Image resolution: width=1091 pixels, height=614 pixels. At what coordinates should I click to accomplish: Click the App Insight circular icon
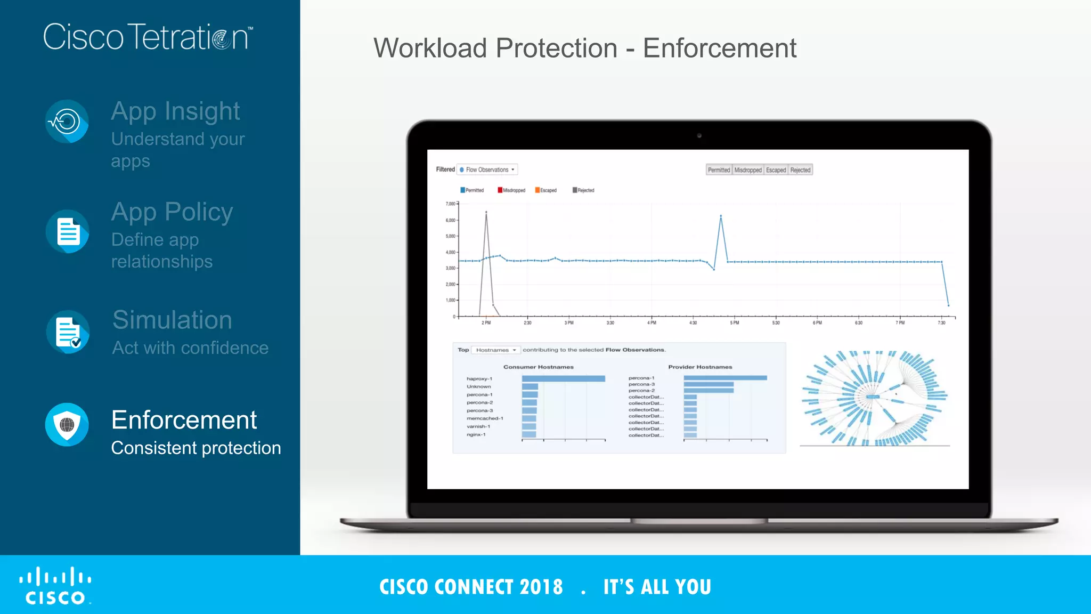(67, 122)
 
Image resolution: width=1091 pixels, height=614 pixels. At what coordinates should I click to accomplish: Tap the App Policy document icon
(67, 231)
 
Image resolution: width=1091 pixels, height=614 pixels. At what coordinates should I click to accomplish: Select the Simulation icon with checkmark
(68, 332)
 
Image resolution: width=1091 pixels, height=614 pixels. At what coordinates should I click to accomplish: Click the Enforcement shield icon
(67, 425)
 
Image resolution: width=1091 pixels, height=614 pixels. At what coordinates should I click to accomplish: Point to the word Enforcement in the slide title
(719, 48)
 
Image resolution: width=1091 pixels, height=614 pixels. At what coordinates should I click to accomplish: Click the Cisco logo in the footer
(55, 586)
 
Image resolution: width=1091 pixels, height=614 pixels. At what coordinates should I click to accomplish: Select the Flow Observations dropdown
(487, 169)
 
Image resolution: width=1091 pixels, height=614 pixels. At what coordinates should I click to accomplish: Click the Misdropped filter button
(748, 170)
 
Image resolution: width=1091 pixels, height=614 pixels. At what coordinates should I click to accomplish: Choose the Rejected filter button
(800, 170)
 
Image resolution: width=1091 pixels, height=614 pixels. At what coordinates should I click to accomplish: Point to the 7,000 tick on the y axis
(451, 204)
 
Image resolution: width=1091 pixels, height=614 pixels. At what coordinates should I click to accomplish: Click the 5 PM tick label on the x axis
(734, 323)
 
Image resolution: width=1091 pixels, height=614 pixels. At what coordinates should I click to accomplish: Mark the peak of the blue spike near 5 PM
(721, 216)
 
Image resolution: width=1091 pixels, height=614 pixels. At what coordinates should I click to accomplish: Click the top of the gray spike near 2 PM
(486, 212)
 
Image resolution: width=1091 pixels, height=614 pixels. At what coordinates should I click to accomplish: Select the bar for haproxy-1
(563, 378)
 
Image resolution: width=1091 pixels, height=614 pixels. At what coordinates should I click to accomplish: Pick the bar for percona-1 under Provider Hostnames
(725, 378)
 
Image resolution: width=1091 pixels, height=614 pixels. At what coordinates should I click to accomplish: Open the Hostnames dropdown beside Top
(496, 350)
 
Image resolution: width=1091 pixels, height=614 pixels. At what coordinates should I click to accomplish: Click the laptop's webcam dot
(699, 135)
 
